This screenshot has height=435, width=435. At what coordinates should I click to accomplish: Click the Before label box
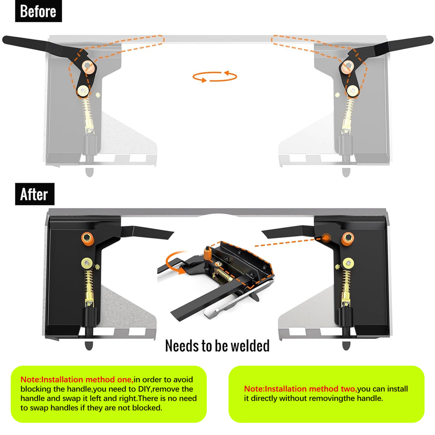(38, 11)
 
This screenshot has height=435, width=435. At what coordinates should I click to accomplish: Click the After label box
(34, 194)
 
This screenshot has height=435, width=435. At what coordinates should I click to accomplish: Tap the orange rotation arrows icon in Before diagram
(215, 77)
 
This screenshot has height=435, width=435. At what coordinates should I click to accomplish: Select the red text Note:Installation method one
(77, 380)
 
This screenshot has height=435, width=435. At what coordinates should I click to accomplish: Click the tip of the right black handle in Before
(429, 39)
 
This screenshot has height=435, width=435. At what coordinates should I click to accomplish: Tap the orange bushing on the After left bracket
(87, 239)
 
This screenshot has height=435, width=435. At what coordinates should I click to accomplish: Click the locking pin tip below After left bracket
(89, 346)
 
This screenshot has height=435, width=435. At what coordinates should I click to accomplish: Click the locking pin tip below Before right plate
(346, 172)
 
